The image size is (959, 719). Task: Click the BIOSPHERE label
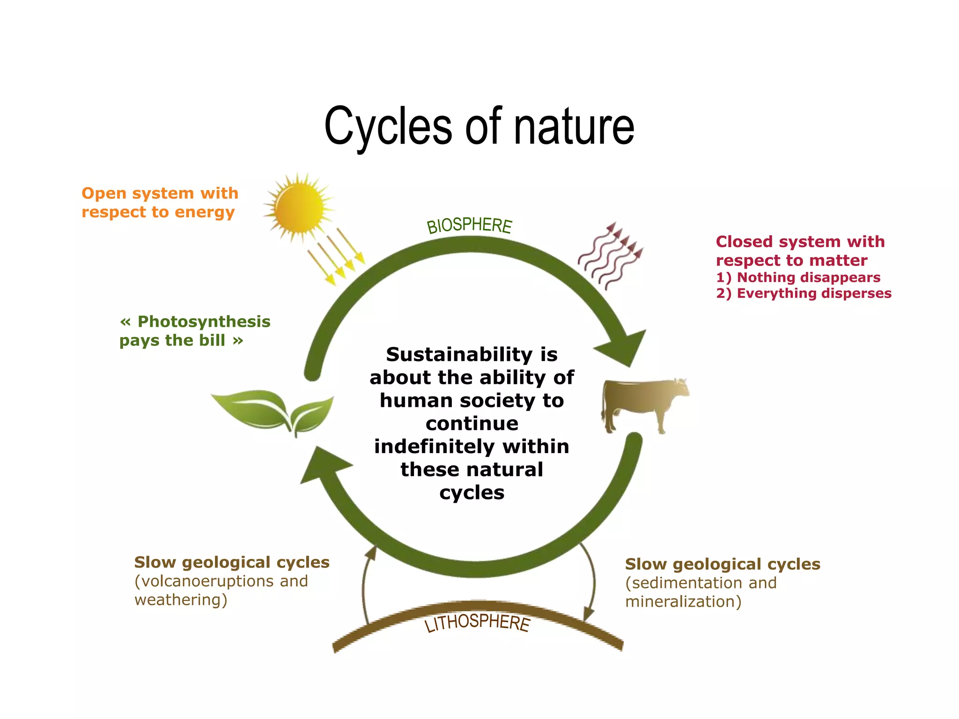click(469, 225)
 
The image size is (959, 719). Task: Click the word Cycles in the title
click(389, 126)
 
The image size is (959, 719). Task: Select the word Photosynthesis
click(204, 322)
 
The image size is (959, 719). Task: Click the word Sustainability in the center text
click(459, 354)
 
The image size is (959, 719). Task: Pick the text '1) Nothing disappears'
click(798, 277)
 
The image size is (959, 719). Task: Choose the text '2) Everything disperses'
click(804, 293)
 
